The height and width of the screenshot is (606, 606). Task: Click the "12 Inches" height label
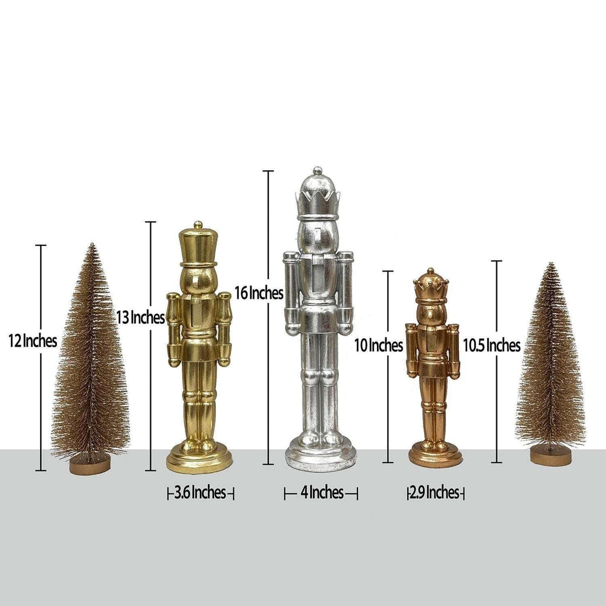point(33,341)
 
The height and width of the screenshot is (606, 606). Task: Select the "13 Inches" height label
point(141,318)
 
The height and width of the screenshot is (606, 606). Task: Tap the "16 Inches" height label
point(259,293)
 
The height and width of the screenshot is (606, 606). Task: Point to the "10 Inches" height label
point(379,345)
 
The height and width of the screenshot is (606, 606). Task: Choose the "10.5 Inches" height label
point(492,345)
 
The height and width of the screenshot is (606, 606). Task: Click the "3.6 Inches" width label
point(200,493)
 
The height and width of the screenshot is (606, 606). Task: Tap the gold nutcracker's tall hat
point(198,245)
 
